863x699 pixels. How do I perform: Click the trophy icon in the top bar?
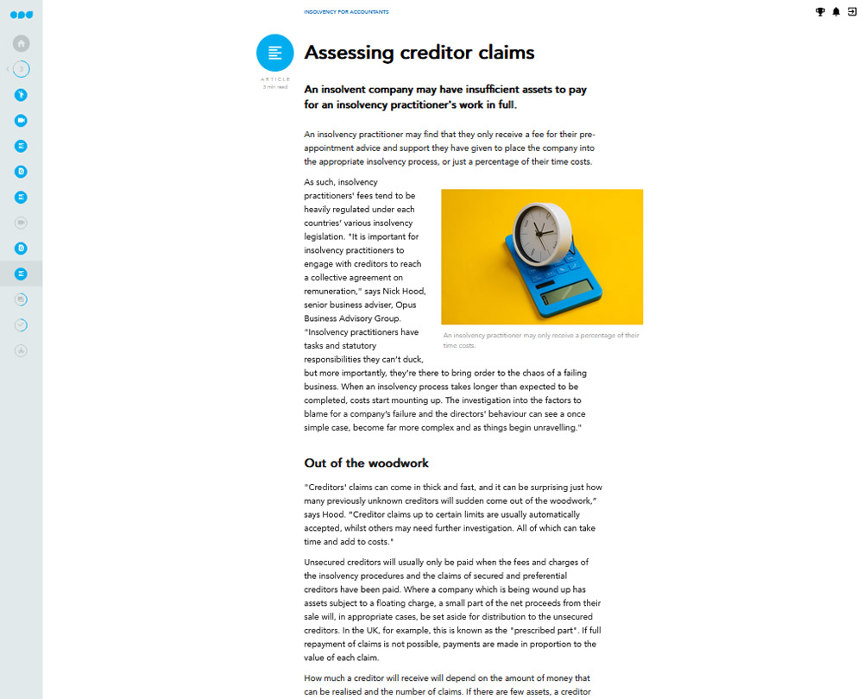[820, 12]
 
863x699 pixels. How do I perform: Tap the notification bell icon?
[835, 12]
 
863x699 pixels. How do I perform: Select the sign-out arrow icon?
[852, 12]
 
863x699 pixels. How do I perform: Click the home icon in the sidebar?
[22, 43]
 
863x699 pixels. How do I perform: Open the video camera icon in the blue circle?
[22, 121]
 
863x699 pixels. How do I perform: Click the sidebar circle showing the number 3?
[22, 69]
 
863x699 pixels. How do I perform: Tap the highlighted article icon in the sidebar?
[22, 274]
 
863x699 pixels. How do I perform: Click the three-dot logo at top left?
[22, 15]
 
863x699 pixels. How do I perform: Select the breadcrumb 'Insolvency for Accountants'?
[346, 12]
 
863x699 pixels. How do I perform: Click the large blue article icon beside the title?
[274, 53]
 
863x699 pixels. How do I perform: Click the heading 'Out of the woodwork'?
[366, 463]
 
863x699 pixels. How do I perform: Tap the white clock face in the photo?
[540, 231]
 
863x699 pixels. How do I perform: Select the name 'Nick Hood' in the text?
[405, 292]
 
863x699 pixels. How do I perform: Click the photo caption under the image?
[540, 340]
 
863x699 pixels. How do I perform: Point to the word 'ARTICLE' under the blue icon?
[275, 79]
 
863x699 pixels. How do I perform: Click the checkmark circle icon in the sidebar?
[22, 325]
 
